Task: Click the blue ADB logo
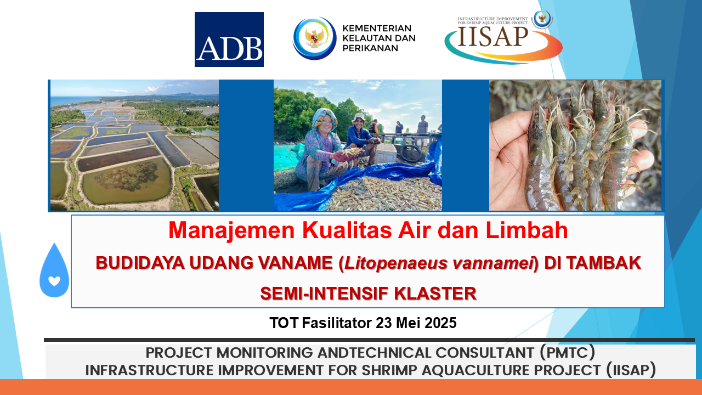229,39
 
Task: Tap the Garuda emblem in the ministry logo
314,38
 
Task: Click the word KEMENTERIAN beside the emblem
377,28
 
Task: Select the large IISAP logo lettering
493,37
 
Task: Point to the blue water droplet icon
54,270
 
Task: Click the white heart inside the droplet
54,281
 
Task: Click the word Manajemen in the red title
231,230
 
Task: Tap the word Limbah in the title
527,230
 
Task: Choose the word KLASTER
435,294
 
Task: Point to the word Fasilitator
337,323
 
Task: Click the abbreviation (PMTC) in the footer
567,353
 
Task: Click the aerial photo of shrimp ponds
135,145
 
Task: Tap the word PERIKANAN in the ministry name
370,48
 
